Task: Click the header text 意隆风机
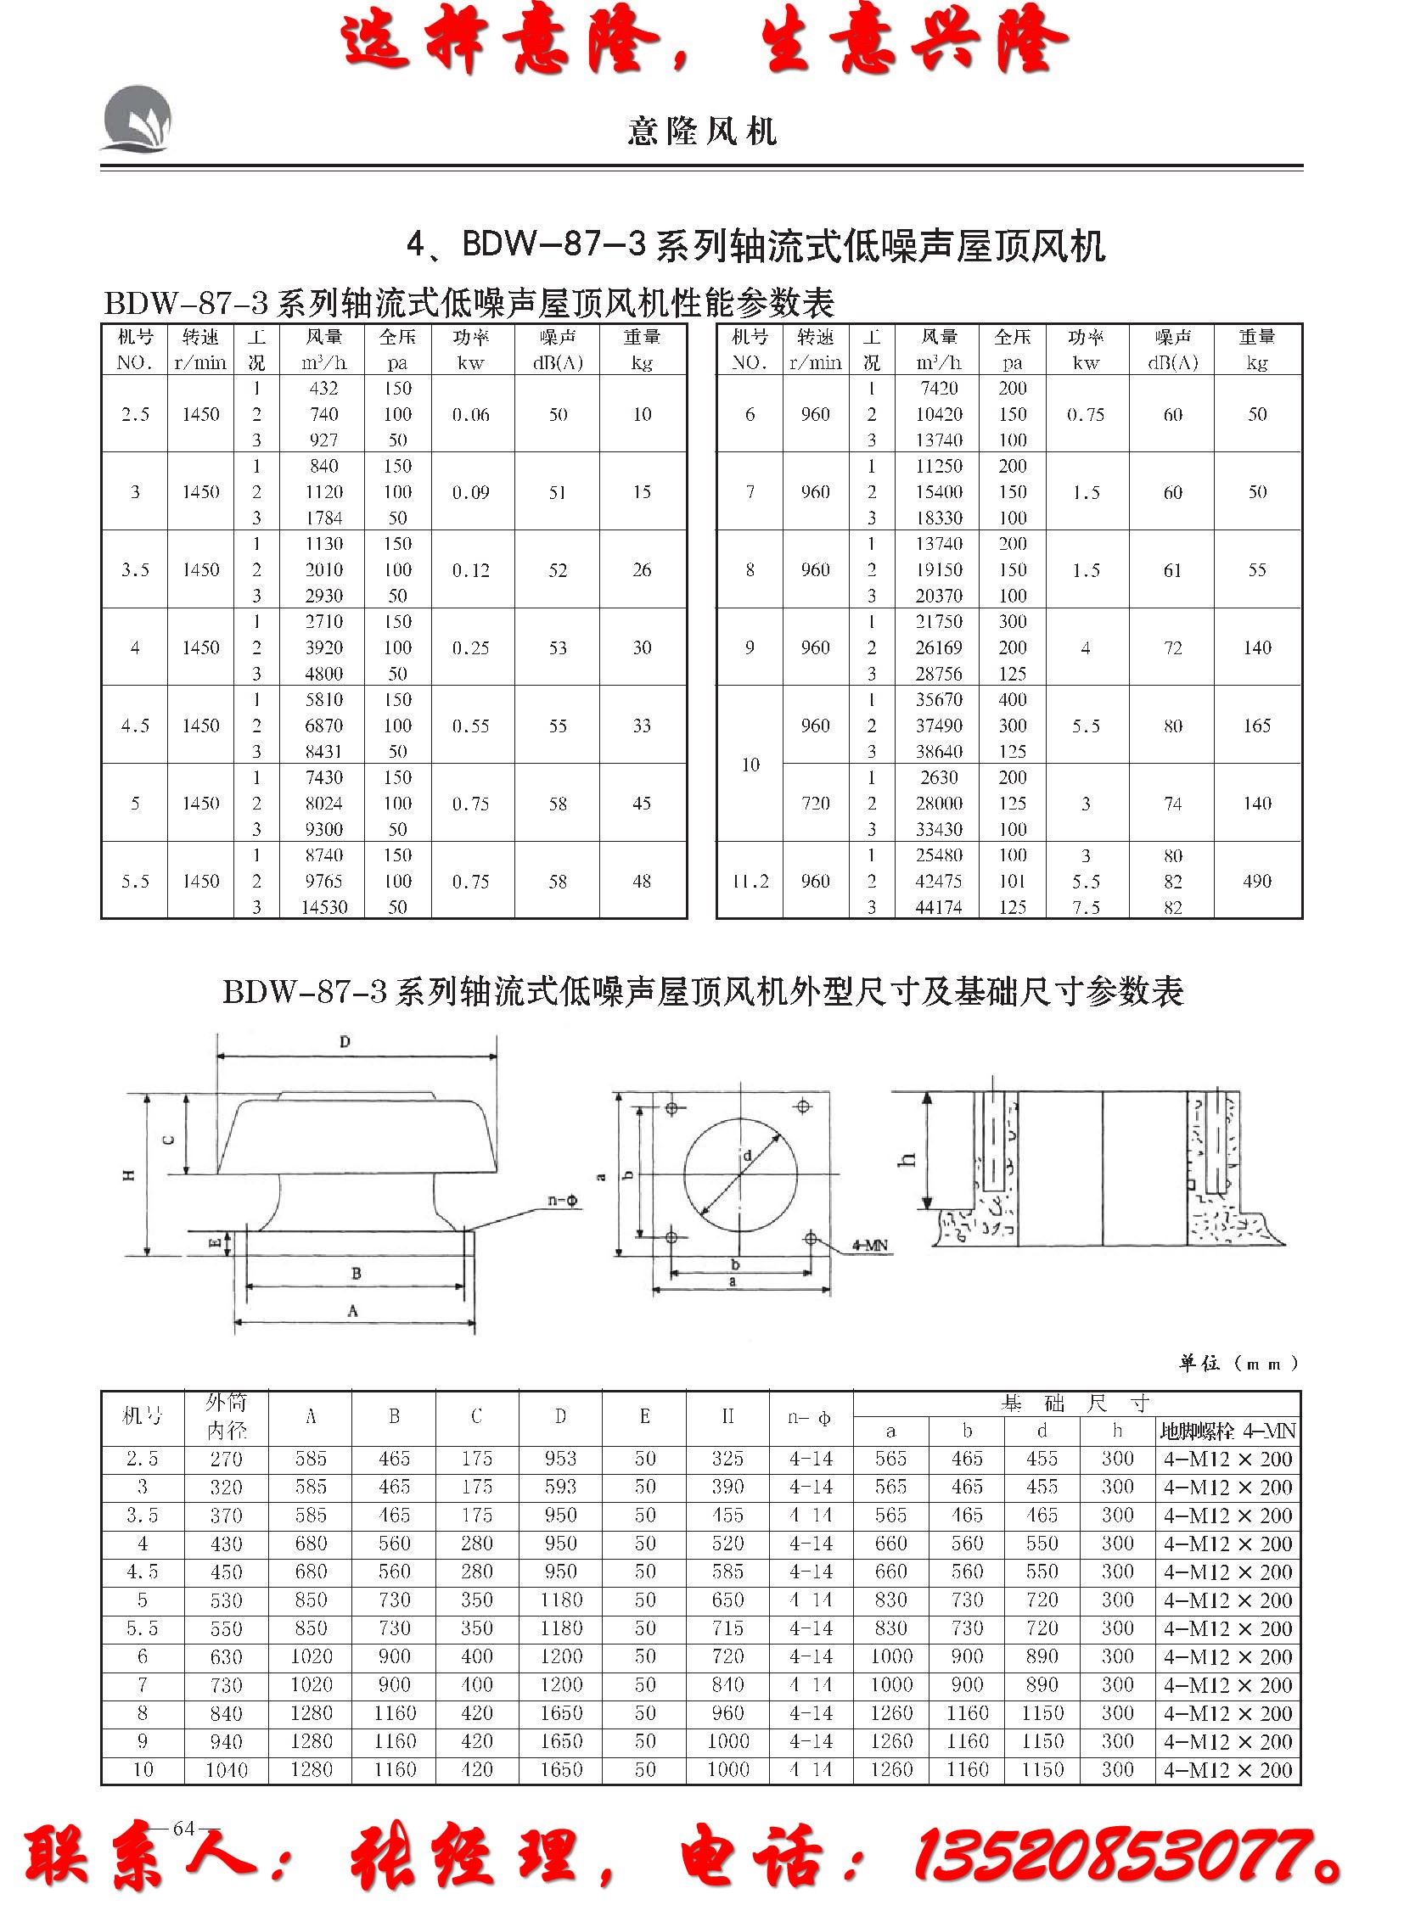702,132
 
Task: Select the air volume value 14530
323,907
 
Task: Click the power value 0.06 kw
471,415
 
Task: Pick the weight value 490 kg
1256,881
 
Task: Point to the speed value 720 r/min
815,803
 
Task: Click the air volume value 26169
938,647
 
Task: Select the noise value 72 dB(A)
1172,647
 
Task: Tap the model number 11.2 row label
750,881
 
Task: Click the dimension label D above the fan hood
345,1043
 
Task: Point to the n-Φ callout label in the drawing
562,1201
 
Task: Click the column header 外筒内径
225,1416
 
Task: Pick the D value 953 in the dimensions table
561,1459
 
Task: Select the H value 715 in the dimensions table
727,1629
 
